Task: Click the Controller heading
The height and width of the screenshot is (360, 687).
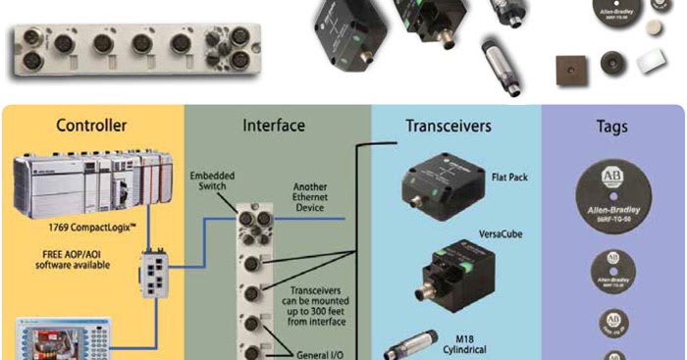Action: click(x=91, y=127)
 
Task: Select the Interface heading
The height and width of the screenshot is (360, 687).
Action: click(x=274, y=127)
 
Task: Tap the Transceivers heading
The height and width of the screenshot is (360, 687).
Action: click(x=449, y=127)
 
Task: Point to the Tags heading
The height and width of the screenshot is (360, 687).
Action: click(x=611, y=128)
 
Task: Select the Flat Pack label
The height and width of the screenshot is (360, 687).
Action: click(x=508, y=179)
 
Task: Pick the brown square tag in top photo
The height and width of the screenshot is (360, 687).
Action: click(x=566, y=70)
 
